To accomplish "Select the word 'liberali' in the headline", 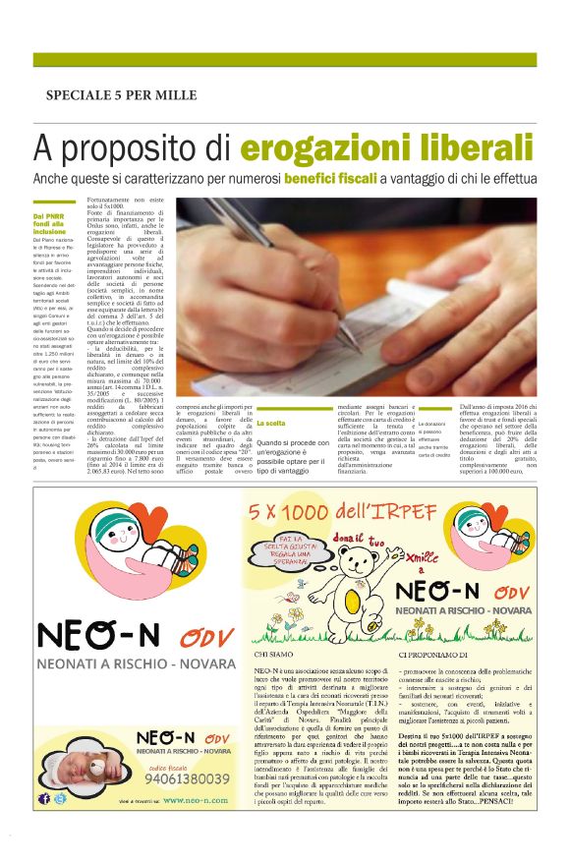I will pos(473,149).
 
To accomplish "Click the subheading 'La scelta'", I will pos(243,424).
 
